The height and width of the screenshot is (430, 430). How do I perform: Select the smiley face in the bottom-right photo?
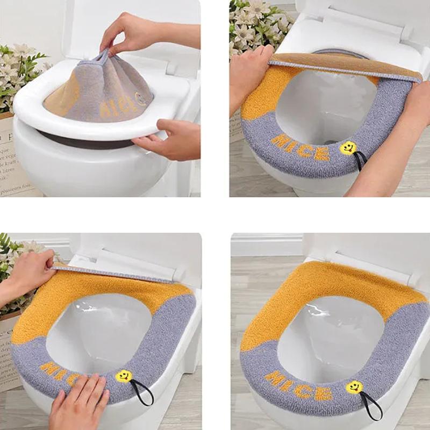(354, 386)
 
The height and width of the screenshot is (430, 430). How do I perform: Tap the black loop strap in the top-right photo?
(361, 159)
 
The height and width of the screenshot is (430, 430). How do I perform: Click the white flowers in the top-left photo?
(16, 70)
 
